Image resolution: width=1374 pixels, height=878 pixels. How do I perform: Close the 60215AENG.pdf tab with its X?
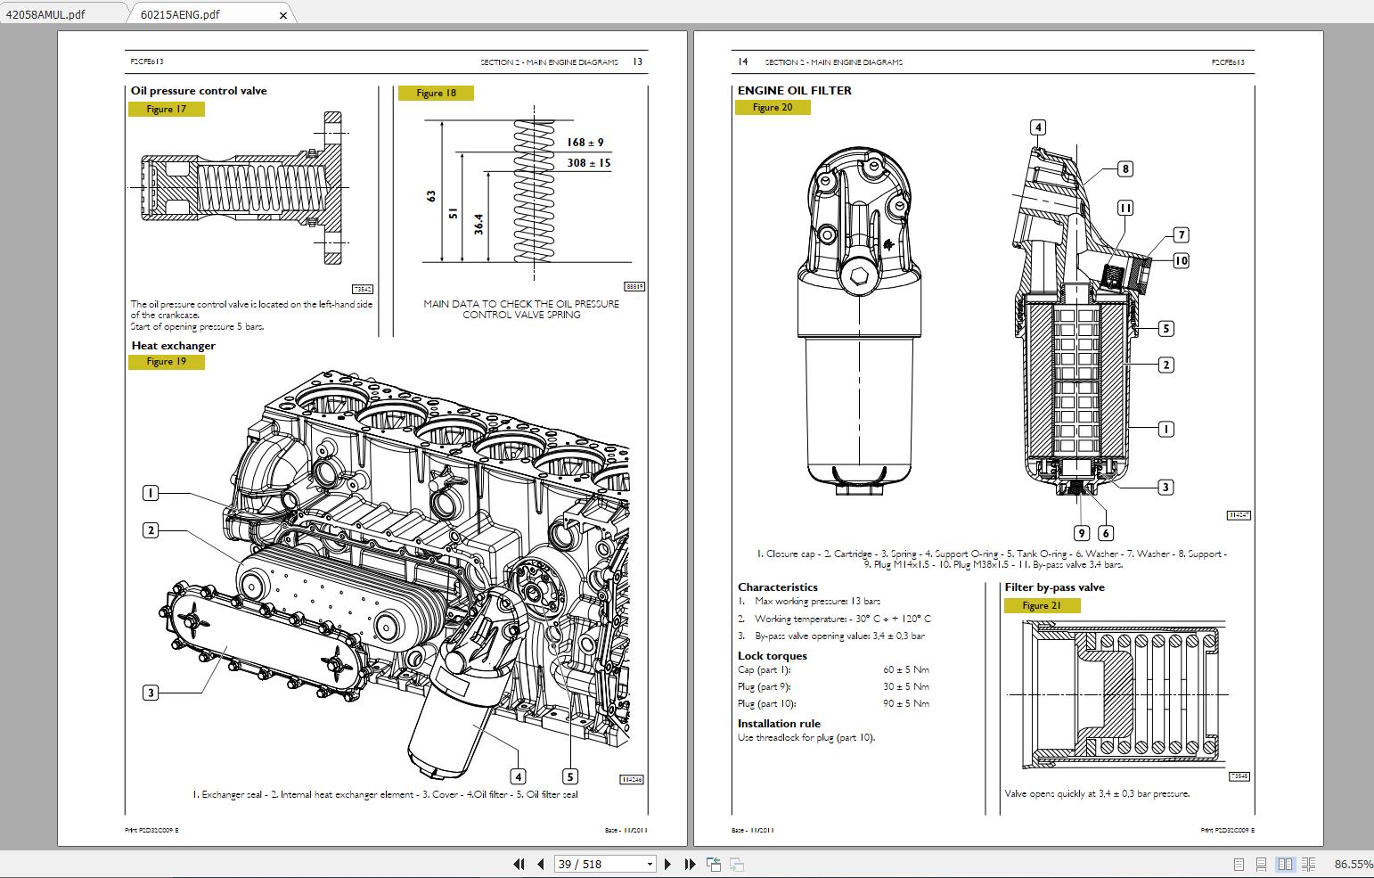click(x=284, y=15)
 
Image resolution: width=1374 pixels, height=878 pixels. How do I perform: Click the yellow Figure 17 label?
click(x=167, y=110)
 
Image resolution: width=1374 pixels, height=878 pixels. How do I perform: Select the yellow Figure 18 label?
click(x=436, y=94)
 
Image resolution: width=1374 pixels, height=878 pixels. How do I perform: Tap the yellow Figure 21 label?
click(x=1042, y=606)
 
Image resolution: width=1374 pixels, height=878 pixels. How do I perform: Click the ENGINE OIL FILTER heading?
click(x=794, y=90)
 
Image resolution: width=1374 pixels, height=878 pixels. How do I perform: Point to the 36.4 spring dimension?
click(x=478, y=223)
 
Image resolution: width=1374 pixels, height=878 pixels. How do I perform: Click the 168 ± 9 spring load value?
click(x=585, y=143)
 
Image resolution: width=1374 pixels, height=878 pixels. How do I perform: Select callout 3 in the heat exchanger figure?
click(x=151, y=693)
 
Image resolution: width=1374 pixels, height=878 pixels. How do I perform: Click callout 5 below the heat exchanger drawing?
click(x=570, y=776)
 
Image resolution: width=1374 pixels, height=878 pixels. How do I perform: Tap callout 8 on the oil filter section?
click(x=1125, y=169)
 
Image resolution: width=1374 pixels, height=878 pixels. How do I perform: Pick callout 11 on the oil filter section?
click(x=1125, y=208)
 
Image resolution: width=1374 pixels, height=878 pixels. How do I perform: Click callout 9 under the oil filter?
click(x=1082, y=533)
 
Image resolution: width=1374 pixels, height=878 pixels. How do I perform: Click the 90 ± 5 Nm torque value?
click(x=906, y=704)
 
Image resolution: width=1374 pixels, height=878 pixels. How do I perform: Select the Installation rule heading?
click(x=779, y=724)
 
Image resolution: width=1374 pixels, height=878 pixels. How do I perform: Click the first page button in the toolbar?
click(x=519, y=864)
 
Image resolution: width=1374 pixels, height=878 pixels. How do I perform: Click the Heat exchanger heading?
click(x=173, y=346)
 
